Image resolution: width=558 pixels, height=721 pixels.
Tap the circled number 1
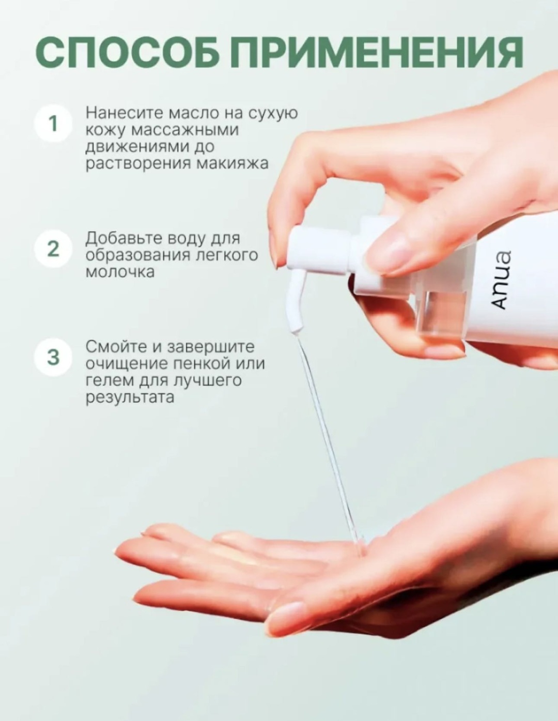pyautogui.click(x=53, y=124)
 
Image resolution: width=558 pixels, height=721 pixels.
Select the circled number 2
pyautogui.click(x=53, y=249)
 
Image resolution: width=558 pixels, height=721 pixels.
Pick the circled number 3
pyautogui.click(x=53, y=357)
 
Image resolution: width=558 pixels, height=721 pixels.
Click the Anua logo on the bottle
pyautogui.click(x=498, y=280)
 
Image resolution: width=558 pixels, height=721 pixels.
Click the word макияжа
pyautogui.click(x=233, y=163)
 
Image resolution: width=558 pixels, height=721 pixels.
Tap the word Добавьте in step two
pyautogui.click(x=126, y=238)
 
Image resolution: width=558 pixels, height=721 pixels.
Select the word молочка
pyautogui.click(x=120, y=272)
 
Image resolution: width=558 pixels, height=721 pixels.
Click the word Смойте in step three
pyautogui.click(x=116, y=347)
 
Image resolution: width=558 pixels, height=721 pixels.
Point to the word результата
pyautogui.click(x=130, y=397)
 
